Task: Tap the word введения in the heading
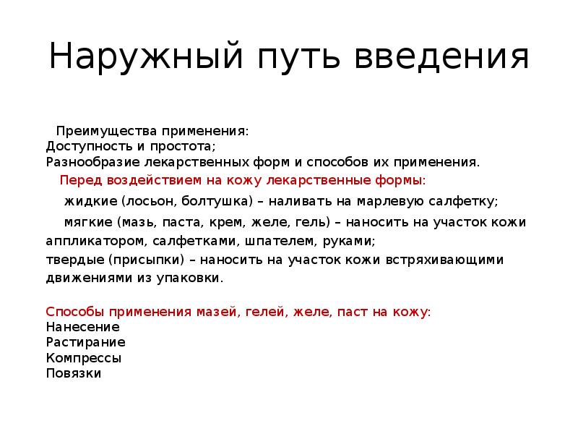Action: point(442,57)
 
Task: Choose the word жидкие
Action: point(90,200)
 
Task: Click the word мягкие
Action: point(90,222)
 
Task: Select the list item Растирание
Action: point(85,341)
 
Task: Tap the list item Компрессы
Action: point(83,357)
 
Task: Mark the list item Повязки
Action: point(73,373)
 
